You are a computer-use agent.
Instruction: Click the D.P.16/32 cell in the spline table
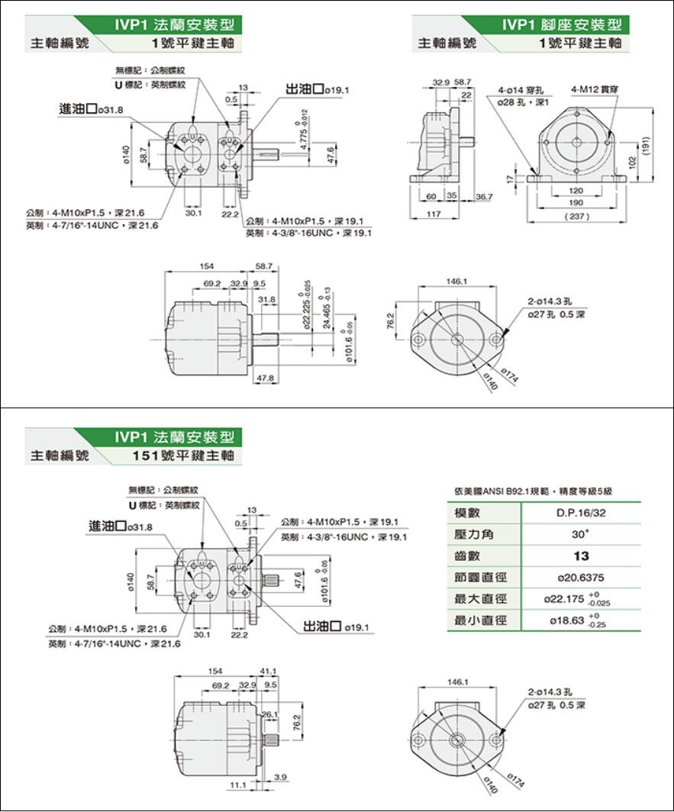tap(582, 513)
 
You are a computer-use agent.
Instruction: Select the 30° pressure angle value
tap(582, 534)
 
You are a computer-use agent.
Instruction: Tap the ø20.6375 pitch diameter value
tap(582, 578)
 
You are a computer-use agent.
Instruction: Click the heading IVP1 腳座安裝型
tap(561, 24)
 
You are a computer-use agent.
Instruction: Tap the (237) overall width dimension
tap(576, 217)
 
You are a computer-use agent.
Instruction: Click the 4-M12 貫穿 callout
tap(593, 89)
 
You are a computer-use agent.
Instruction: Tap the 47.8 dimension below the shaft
tap(265, 379)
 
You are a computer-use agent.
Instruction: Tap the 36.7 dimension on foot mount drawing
tap(484, 197)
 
